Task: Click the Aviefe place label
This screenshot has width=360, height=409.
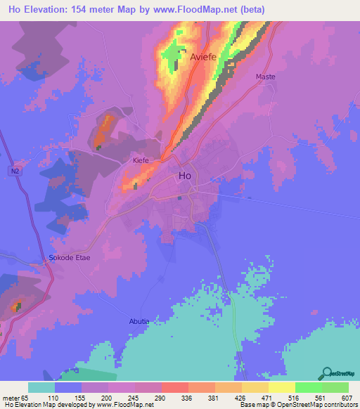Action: pos(203,59)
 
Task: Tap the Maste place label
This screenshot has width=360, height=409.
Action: pos(266,76)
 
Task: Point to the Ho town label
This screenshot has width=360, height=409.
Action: pos(185,176)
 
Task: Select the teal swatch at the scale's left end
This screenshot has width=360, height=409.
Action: pos(41,387)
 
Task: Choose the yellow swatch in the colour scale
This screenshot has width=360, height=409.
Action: pos(281,387)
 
